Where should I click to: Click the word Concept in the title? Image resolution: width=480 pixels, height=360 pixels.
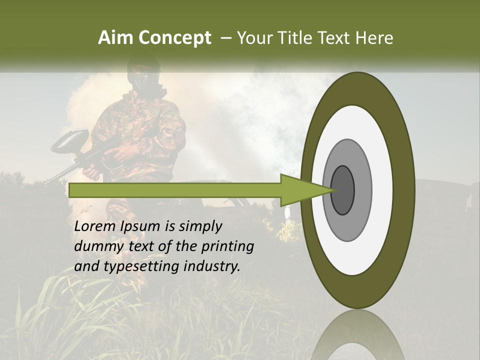(x=174, y=38)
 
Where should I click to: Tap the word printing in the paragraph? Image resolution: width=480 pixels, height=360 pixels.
(x=227, y=246)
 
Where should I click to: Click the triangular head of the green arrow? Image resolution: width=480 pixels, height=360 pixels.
(x=300, y=190)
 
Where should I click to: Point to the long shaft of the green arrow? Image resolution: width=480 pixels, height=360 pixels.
(x=175, y=190)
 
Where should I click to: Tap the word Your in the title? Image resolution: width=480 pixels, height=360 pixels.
(x=253, y=38)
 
